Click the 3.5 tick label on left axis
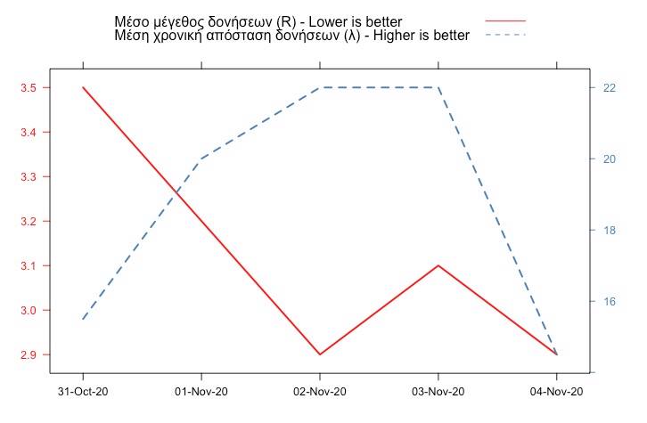[x=27, y=88]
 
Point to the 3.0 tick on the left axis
[x=27, y=311]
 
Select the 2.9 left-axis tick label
[x=27, y=355]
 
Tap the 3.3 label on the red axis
[x=27, y=177]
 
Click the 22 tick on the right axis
[x=610, y=88]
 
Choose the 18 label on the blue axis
[x=610, y=231]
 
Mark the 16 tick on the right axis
[x=610, y=302]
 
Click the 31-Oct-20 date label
[x=83, y=392]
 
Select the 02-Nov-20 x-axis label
[x=320, y=392]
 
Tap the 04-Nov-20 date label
[x=557, y=392]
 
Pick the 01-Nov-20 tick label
[x=201, y=392]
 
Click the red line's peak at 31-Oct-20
[x=83, y=87]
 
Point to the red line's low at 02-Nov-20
[x=320, y=354]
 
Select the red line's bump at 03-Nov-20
[x=438, y=265]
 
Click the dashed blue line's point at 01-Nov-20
[x=201, y=159]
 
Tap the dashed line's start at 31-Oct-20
[x=83, y=319]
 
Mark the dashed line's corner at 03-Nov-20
[x=438, y=87]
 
